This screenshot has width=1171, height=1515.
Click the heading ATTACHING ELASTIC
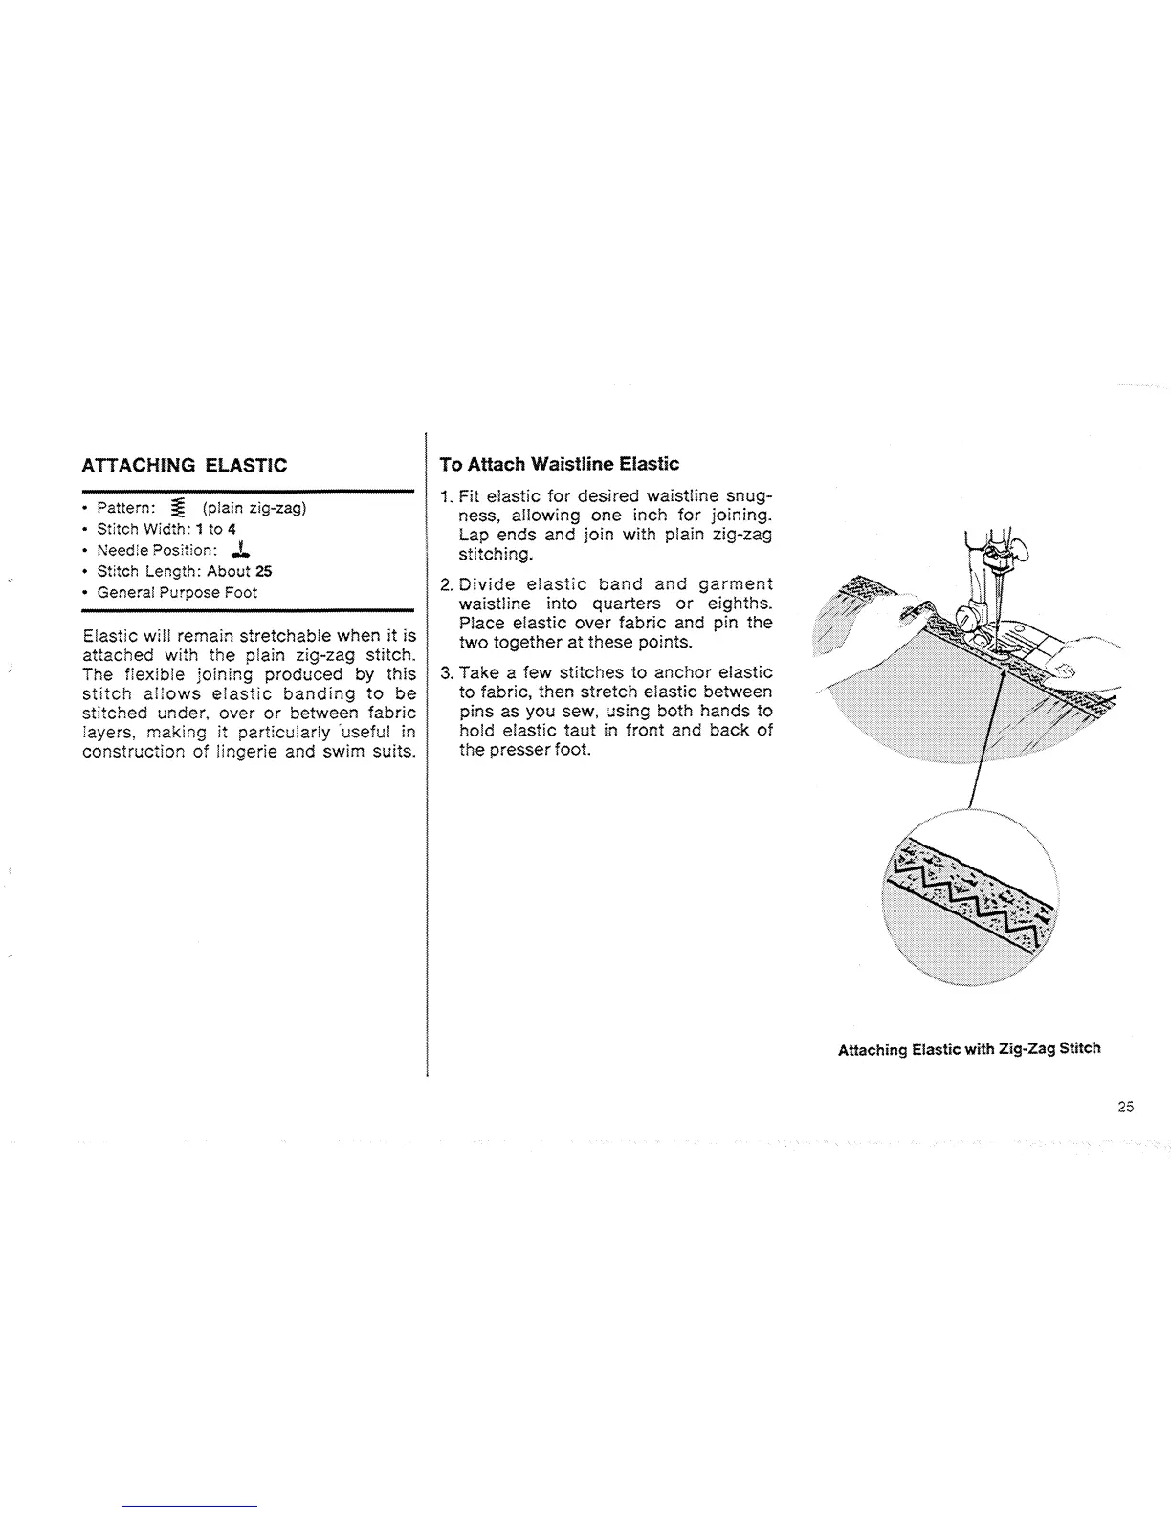pos(185,466)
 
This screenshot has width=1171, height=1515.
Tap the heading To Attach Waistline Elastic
pos(559,464)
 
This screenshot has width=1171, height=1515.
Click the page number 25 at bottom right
pos(1124,1107)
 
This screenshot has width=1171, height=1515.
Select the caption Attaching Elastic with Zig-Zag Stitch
pos(968,1048)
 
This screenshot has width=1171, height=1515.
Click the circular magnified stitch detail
pos(971,899)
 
